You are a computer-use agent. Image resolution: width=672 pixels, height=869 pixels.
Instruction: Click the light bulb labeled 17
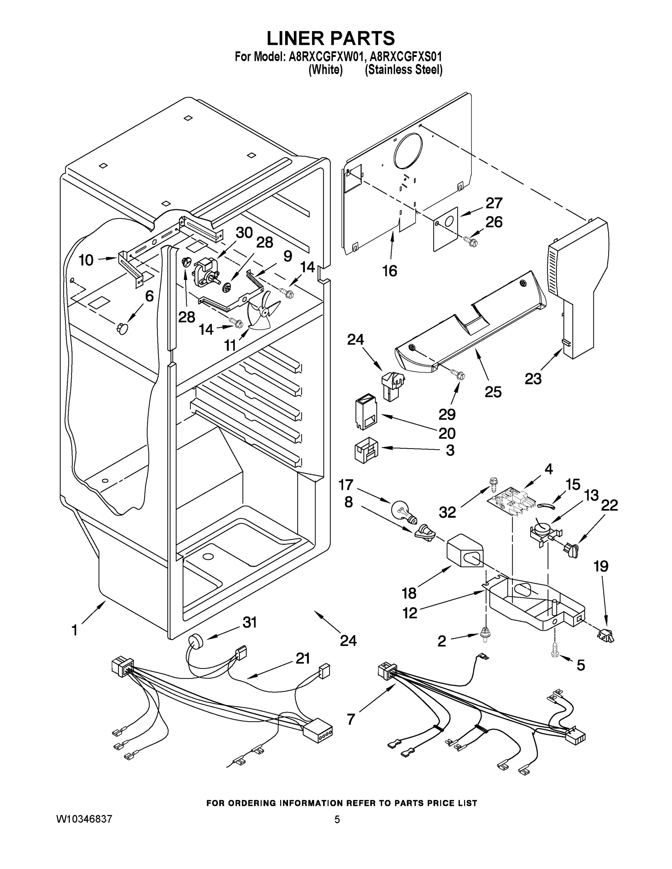tap(403, 511)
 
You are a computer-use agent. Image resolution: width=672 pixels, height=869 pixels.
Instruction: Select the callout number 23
tap(533, 378)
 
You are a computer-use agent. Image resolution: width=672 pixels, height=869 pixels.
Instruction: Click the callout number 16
tap(389, 271)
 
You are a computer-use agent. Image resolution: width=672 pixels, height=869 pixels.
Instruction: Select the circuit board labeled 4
tap(510, 501)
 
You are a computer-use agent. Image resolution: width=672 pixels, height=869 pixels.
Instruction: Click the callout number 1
tap(75, 630)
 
